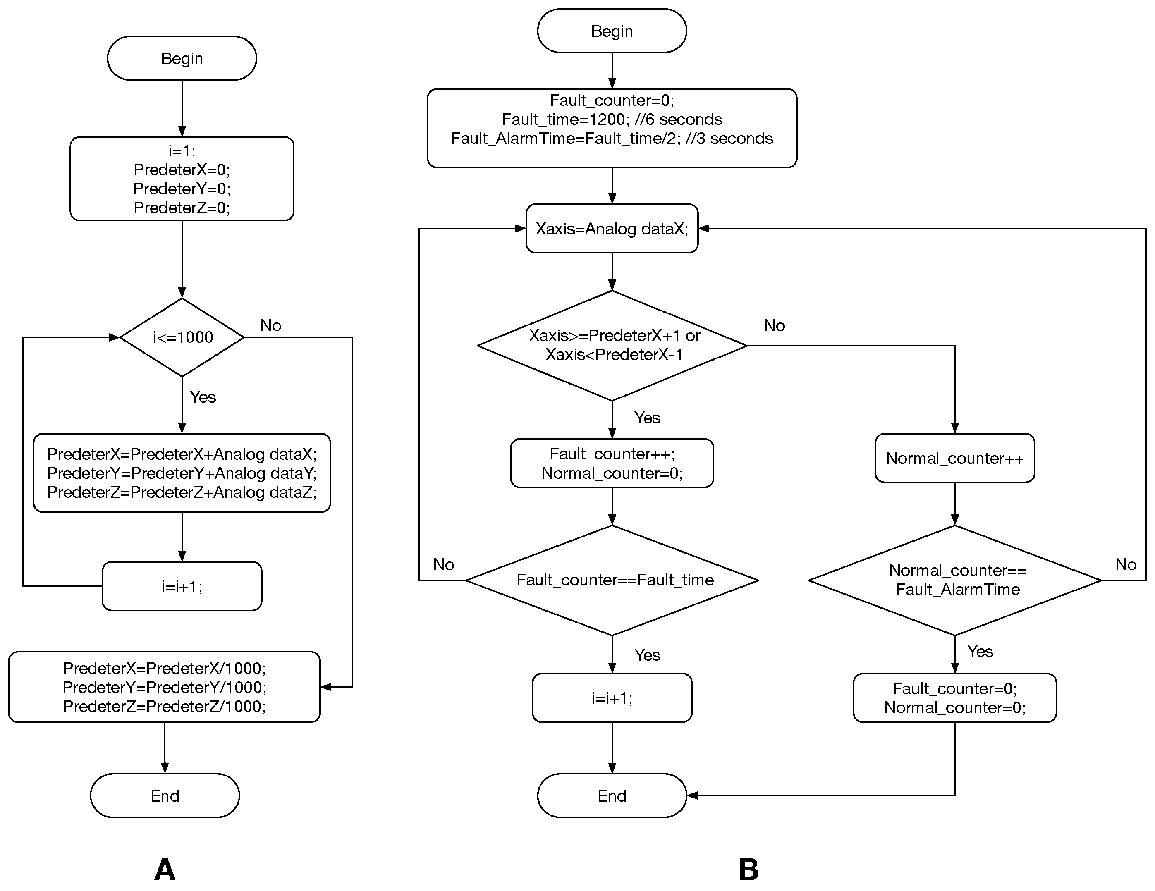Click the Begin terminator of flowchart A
pos(182,58)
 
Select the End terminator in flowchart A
pos(165,796)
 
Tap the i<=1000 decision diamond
pos(182,337)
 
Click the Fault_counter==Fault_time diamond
pos(612,580)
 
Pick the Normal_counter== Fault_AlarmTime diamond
pos(954,580)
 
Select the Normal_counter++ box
pos(954,458)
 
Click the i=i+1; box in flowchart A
pos(182,586)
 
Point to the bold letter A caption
pos(165,869)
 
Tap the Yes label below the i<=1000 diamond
pos(203,397)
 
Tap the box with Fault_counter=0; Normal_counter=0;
pos(954,698)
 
